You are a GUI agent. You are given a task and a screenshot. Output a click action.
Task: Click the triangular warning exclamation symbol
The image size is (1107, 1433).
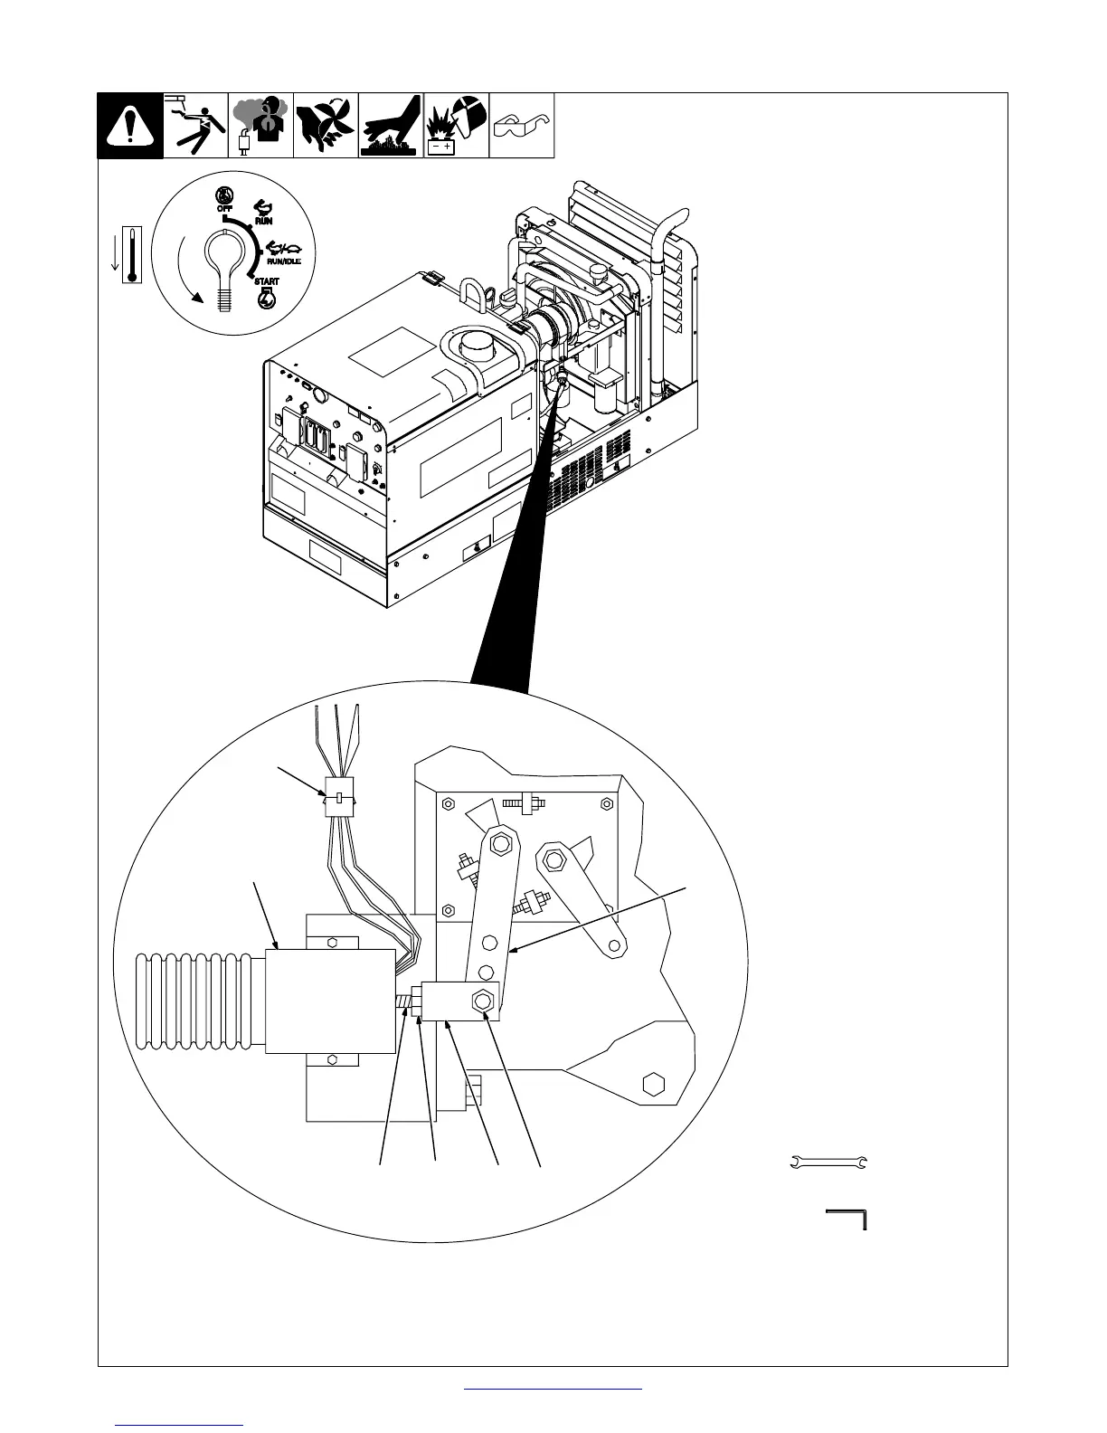coord(131,126)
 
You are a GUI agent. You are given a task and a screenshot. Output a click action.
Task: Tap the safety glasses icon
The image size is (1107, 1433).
coord(521,126)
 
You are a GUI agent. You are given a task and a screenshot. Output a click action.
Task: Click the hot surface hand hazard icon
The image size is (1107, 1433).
coord(391,126)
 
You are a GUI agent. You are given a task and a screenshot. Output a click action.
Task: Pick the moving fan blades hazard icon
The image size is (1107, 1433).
coord(326,126)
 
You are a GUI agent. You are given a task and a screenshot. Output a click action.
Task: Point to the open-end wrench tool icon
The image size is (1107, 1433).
coord(828,1163)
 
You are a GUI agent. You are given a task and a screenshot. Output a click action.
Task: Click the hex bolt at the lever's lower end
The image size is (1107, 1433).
coord(482,1001)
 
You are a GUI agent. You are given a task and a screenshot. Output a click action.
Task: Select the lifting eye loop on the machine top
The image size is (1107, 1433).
coord(472,291)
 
